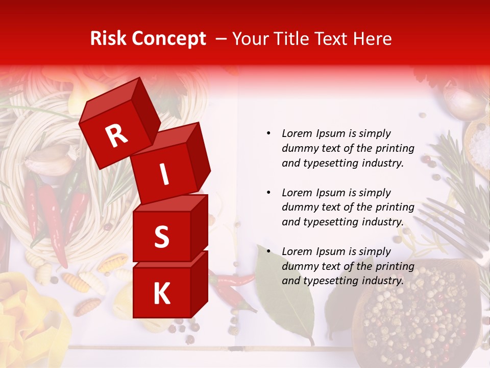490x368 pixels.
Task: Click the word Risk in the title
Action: tap(108, 39)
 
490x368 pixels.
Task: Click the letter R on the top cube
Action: tap(117, 136)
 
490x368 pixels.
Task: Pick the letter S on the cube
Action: tap(161, 237)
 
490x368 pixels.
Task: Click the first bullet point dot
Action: tap(269, 134)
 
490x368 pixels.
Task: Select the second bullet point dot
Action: tap(269, 193)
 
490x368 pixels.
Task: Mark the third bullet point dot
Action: tap(269, 251)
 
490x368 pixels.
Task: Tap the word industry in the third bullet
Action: tap(382, 281)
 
